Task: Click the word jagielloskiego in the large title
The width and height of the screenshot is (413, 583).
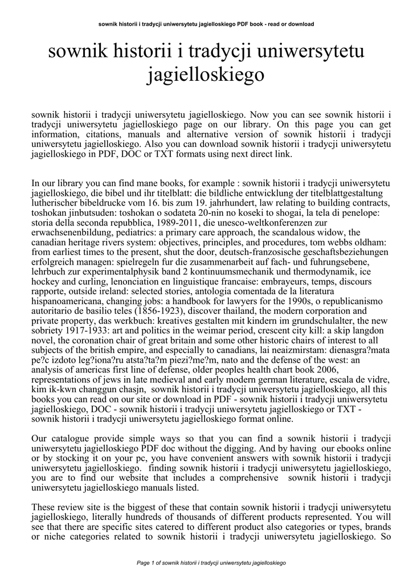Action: coord(206,75)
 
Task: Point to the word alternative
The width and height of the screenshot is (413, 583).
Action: coord(193,134)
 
